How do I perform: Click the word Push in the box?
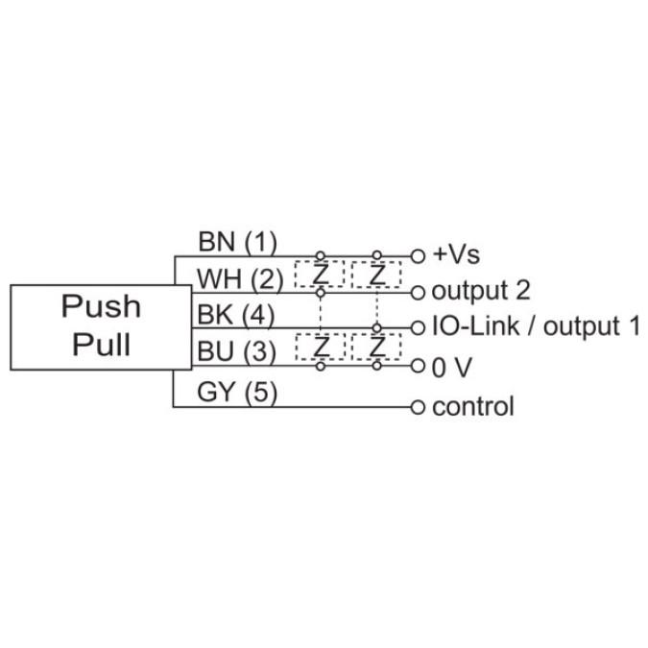(101, 306)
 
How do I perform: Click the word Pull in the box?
(101, 344)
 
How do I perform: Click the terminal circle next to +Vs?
(418, 256)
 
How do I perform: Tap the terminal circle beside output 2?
(418, 292)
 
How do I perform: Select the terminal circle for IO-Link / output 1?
(418, 328)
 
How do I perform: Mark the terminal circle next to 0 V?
(418, 366)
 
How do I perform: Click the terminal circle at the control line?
(418, 406)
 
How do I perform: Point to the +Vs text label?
(455, 255)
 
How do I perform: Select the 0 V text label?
(452, 366)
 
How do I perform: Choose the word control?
(472, 406)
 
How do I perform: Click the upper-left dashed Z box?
(320, 275)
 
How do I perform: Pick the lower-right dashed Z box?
(377, 347)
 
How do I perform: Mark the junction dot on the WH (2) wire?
(320, 293)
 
